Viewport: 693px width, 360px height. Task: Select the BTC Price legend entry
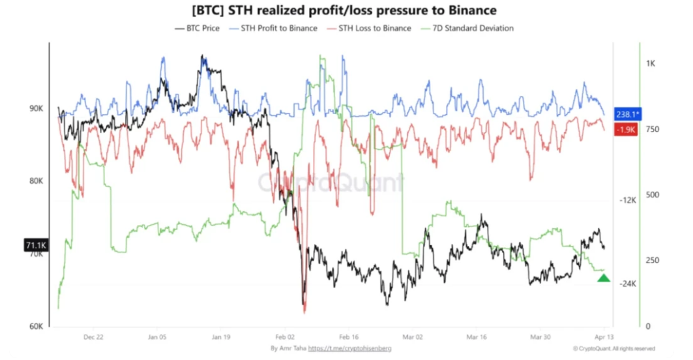[198, 28]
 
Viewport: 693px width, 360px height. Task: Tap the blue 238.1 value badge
[628, 113]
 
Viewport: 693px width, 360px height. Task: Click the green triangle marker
[604, 278]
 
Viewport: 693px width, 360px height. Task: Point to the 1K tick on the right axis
[651, 63]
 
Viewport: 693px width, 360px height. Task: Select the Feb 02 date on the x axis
[284, 337]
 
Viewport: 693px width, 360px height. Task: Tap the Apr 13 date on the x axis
[603, 337]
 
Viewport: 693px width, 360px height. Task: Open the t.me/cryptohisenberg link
[350, 349]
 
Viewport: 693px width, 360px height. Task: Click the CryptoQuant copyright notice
[614, 349]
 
